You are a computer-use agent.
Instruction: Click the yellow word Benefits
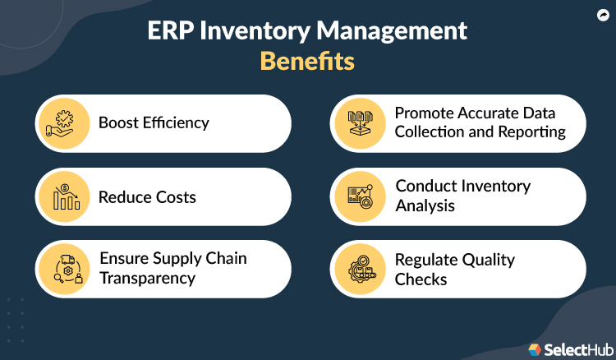point(307,62)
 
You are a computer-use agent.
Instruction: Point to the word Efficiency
point(174,123)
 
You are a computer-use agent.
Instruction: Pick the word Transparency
point(147,278)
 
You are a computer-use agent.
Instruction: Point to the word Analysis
point(425,205)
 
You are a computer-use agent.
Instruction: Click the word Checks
point(421,279)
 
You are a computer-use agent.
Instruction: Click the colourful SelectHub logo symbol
point(535,349)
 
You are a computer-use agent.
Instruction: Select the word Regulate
point(430,260)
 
